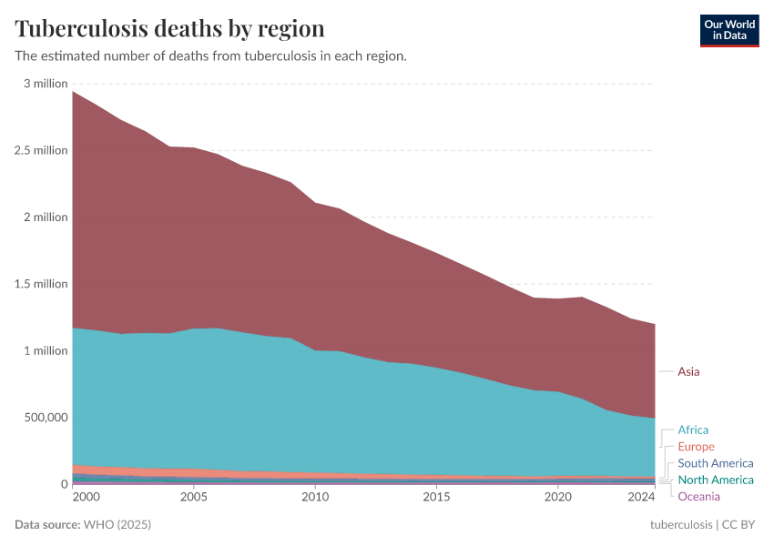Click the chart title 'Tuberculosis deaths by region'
(169, 27)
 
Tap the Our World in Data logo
(728, 30)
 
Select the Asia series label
(688, 371)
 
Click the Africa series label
(692, 430)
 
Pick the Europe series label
(696, 447)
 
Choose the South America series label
(715, 463)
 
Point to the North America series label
(715, 480)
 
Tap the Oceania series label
(698, 496)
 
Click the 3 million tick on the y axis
(46, 84)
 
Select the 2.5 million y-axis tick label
(42, 150)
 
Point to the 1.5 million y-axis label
(42, 284)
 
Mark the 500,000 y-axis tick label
(45, 418)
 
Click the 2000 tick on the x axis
(86, 497)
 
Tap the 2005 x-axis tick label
(193, 497)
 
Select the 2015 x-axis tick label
(436, 497)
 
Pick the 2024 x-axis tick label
(641, 497)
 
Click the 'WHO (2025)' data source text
(117, 525)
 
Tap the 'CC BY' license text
(739, 525)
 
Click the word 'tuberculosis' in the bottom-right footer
(681, 525)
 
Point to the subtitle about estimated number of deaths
(210, 56)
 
